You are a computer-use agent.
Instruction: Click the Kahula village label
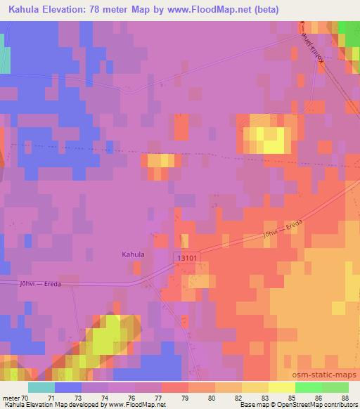coord(133,254)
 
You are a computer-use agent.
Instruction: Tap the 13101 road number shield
coord(187,259)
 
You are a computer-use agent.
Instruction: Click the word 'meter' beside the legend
coord(11,397)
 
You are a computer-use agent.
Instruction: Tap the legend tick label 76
coord(134,397)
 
